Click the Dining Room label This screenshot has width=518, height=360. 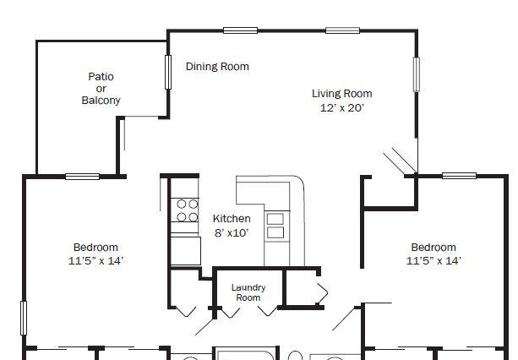tap(217, 67)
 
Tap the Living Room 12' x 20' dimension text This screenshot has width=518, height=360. tap(342, 107)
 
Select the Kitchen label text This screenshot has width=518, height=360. tap(232, 218)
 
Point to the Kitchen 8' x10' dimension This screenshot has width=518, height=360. tap(232, 233)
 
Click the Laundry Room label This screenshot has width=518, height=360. tap(248, 292)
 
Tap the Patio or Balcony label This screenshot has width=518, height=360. tap(101, 88)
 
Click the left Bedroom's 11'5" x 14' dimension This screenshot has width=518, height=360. tap(95, 260)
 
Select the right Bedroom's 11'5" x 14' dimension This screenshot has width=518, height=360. tap(433, 260)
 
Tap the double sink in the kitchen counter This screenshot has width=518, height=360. tap(275, 226)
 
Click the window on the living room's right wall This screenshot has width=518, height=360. tap(417, 74)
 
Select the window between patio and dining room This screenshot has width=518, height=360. tap(168, 72)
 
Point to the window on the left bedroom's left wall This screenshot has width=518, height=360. tap(24, 318)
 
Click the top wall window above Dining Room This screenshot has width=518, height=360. tap(241, 30)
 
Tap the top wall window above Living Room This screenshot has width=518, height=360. tap(342, 30)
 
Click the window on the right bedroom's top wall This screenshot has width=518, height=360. tap(459, 176)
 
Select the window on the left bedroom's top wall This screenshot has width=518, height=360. tap(82, 177)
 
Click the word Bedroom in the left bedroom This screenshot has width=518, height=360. tap(95, 247)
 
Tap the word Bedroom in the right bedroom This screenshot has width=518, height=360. tap(433, 247)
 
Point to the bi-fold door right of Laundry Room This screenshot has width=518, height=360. tap(322, 292)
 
